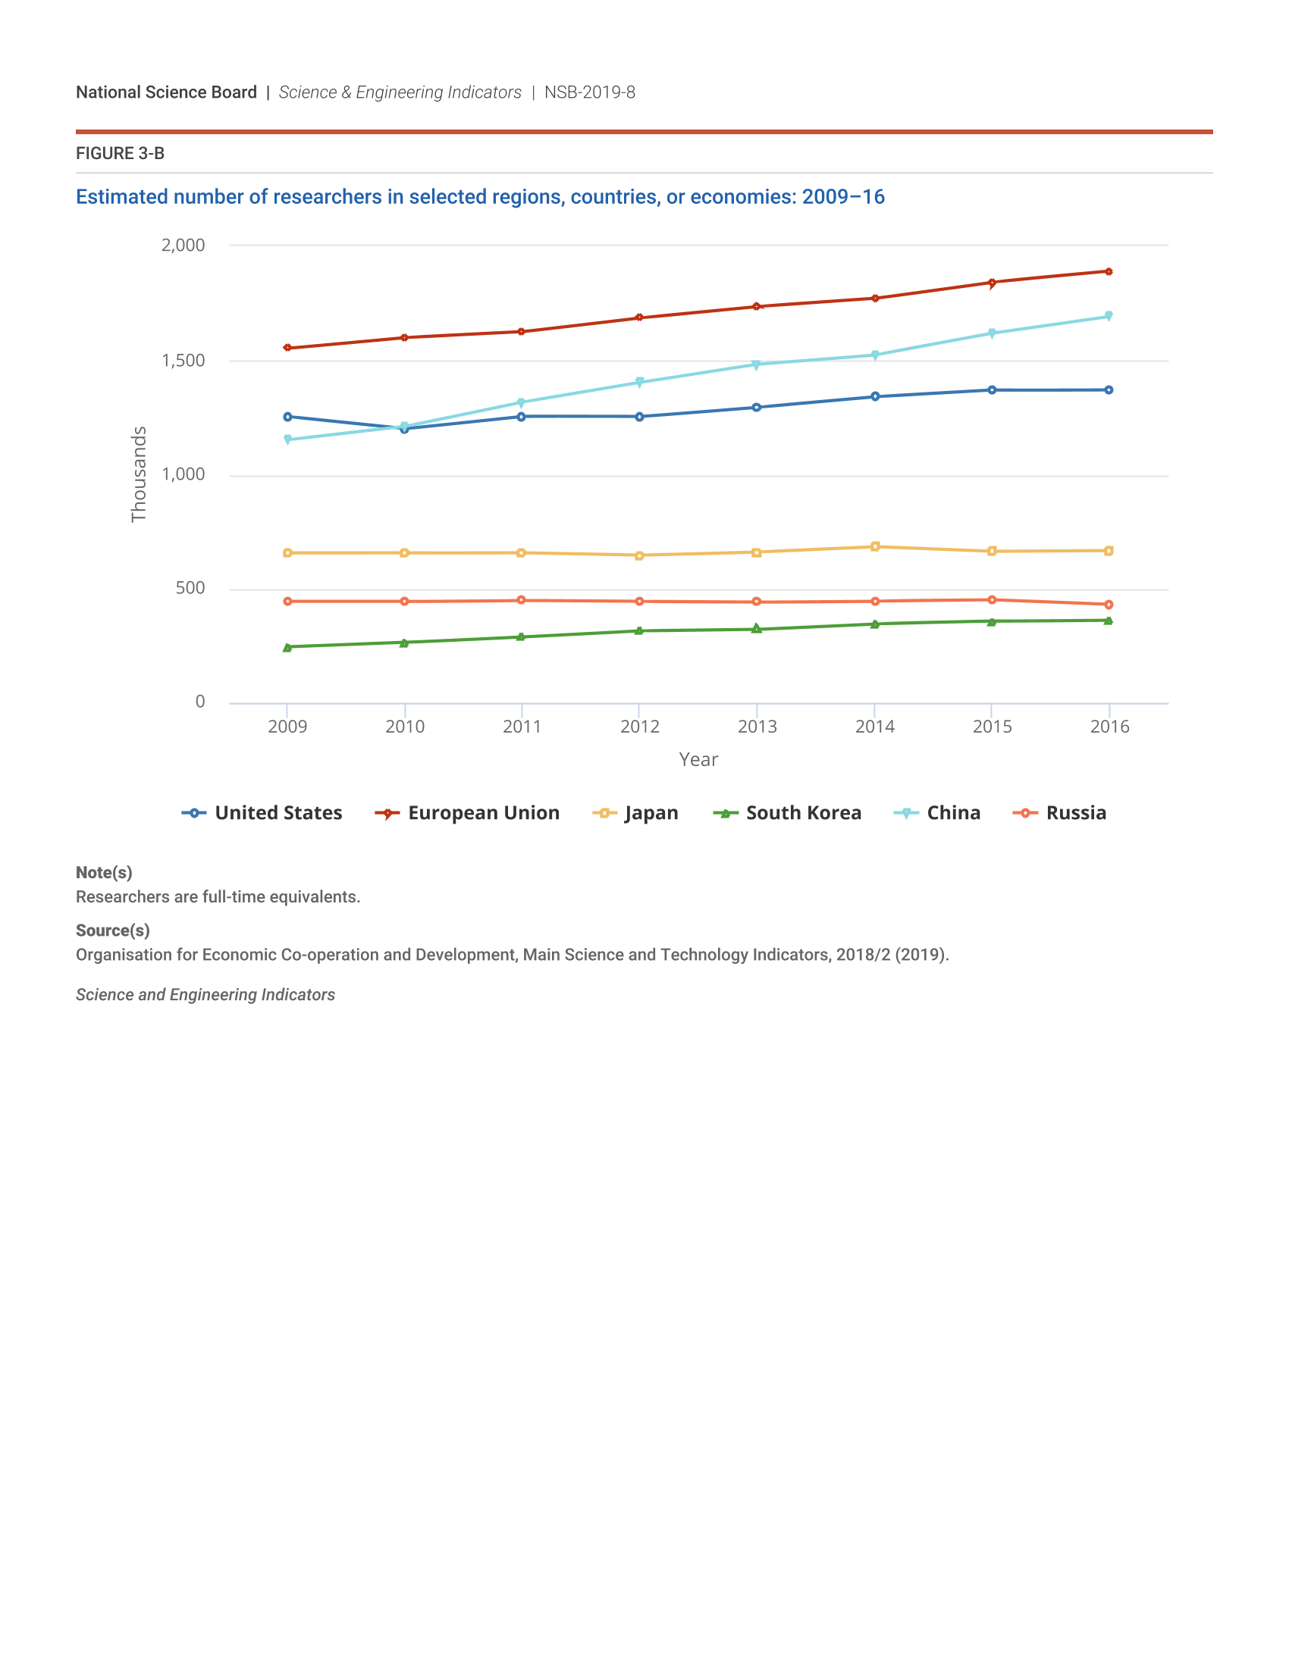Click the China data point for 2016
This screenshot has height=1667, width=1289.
1108,316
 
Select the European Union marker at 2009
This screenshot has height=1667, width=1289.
287,348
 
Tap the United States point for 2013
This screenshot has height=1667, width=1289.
756,408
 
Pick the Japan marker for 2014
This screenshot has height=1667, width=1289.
875,546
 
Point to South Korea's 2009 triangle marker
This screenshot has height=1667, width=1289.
287,648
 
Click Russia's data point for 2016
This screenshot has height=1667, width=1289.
1108,605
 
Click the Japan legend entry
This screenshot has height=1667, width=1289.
635,813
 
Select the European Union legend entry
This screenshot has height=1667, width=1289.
467,813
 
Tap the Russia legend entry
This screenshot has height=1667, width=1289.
1059,813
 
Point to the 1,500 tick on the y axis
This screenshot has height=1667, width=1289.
183,360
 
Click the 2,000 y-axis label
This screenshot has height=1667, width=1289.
183,245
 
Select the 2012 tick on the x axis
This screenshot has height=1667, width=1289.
639,726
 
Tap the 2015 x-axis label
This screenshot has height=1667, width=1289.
992,726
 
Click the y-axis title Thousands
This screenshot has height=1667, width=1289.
138,474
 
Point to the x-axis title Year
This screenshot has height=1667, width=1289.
698,759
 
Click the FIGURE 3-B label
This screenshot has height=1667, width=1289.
120,153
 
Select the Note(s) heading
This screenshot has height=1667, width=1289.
104,872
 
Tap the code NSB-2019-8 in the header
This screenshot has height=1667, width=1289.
589,92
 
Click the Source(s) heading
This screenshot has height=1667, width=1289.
112,930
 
